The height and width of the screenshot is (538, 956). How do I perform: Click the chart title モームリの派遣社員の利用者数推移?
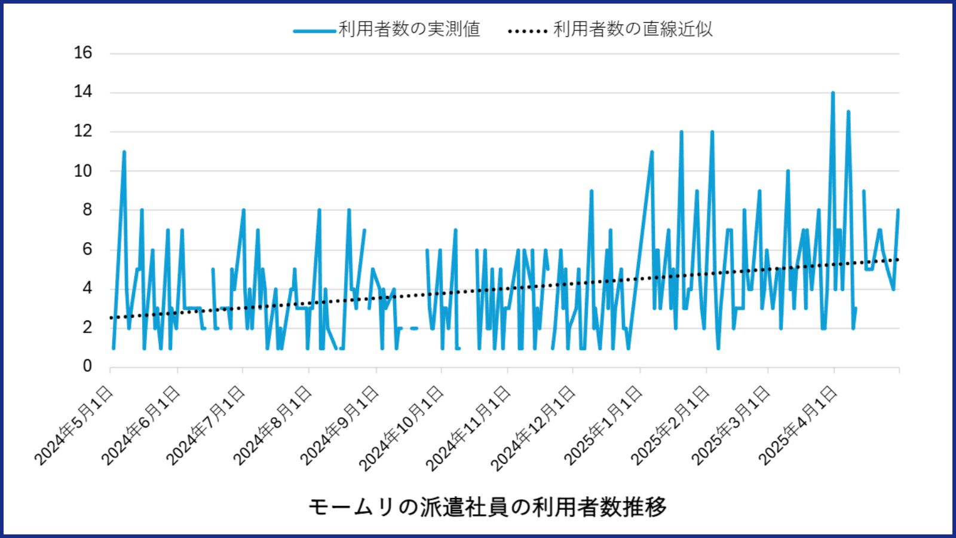[x=487, y=507]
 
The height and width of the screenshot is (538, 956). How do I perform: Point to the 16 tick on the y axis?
[x=83, y=53]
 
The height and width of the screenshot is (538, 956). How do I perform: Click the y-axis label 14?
[x=83, y=91]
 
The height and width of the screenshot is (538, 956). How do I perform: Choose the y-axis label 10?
[x=83, y=170]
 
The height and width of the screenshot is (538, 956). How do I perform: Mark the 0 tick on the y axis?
[x=87, y=366]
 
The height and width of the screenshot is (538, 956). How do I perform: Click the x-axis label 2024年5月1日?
[x=74, y=426]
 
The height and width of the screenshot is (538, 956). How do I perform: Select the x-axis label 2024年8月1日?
[x=273, y=426]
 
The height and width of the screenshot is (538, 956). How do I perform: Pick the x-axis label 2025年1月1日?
[x=603, y=426]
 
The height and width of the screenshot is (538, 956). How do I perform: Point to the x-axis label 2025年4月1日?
[x=798, y=426]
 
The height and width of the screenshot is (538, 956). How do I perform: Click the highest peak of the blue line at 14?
[x=833, y=93]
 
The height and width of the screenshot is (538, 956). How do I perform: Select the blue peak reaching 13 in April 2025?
[x=848, y=112]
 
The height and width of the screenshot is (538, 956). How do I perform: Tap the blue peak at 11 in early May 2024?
[x=124, y=152]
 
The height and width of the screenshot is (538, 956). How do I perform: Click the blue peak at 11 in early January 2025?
[x=652, y=152]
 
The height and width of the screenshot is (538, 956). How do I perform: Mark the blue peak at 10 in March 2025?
[x=788, y=171]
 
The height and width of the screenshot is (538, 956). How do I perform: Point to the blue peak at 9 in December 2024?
[x=592, y=191]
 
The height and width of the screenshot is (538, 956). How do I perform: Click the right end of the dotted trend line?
[x=898, y=259]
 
